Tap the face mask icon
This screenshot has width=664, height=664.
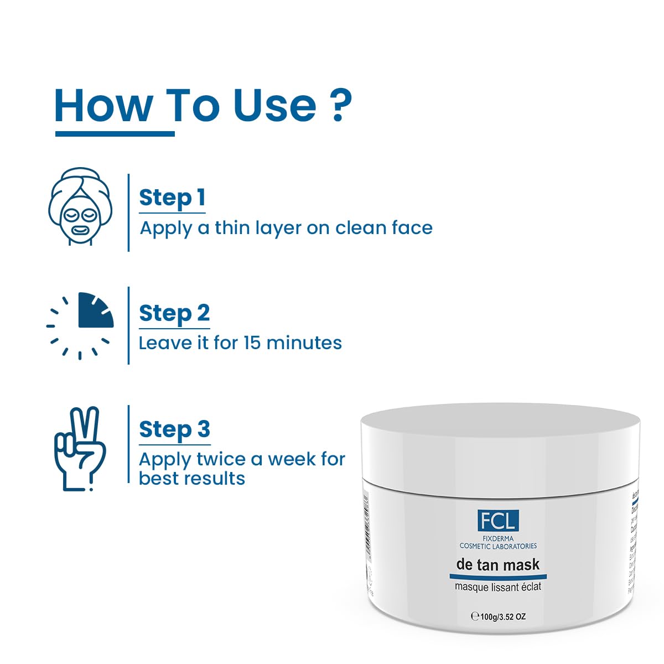tap(80, 206)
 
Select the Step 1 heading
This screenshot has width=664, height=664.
tap(172, 198)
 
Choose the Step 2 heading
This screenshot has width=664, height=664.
tap(174, 313)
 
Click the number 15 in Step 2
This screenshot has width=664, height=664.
tap(252, 343)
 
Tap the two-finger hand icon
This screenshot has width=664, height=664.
tap(79, 448)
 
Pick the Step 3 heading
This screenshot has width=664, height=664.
tap(174, 429)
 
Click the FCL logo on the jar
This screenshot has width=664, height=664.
tap(498, 521)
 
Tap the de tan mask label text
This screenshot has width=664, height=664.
tap(498, 565)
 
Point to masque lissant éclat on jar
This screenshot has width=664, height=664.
tap(498, 587)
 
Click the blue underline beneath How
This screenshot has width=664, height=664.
tap(115, 133)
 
